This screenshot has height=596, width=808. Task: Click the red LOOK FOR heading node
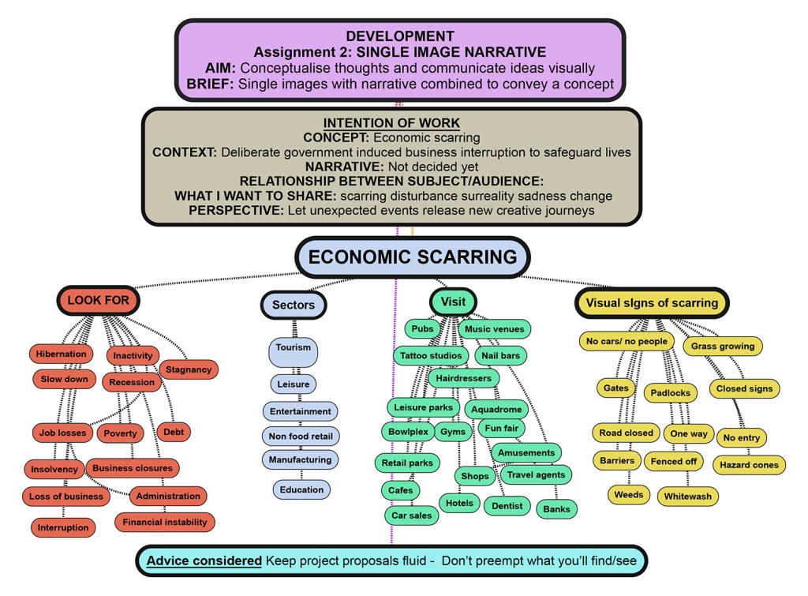pos(98,300)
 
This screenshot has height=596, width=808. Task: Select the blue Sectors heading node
pos(293,305)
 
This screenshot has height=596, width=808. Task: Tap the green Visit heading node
pos(453,302)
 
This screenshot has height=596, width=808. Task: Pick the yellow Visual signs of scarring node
pos(652,302)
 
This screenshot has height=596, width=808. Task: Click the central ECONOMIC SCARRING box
pos(412,257)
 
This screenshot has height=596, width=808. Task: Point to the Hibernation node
pos(61,354)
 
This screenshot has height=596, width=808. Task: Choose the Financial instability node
pos(165,522)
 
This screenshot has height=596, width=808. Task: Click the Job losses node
pos(62,433)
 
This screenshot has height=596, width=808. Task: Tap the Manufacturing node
pos(300,459)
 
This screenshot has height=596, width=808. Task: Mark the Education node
pos(301,489)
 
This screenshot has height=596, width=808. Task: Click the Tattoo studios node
pos(431,356)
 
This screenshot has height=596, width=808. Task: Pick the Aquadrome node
pos(496,410)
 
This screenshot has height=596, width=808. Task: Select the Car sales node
pos(412,515)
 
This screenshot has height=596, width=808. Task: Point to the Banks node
pos(556,509)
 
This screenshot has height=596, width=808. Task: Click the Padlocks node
pos(671,392)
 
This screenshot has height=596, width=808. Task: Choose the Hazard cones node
pos(749,465)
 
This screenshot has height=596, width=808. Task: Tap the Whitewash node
pos(687,497)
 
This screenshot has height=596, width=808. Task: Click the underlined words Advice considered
pos(204,560)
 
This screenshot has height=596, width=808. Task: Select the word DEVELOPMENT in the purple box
pos(399,36)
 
